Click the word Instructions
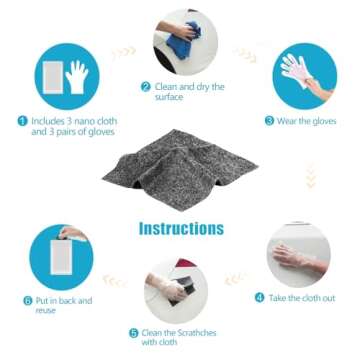[181, 228]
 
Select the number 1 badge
[22, 120]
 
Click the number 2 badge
[145, 87]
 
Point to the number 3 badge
[269, 120]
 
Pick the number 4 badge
[259, 297]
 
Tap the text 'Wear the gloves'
[304, 120]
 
